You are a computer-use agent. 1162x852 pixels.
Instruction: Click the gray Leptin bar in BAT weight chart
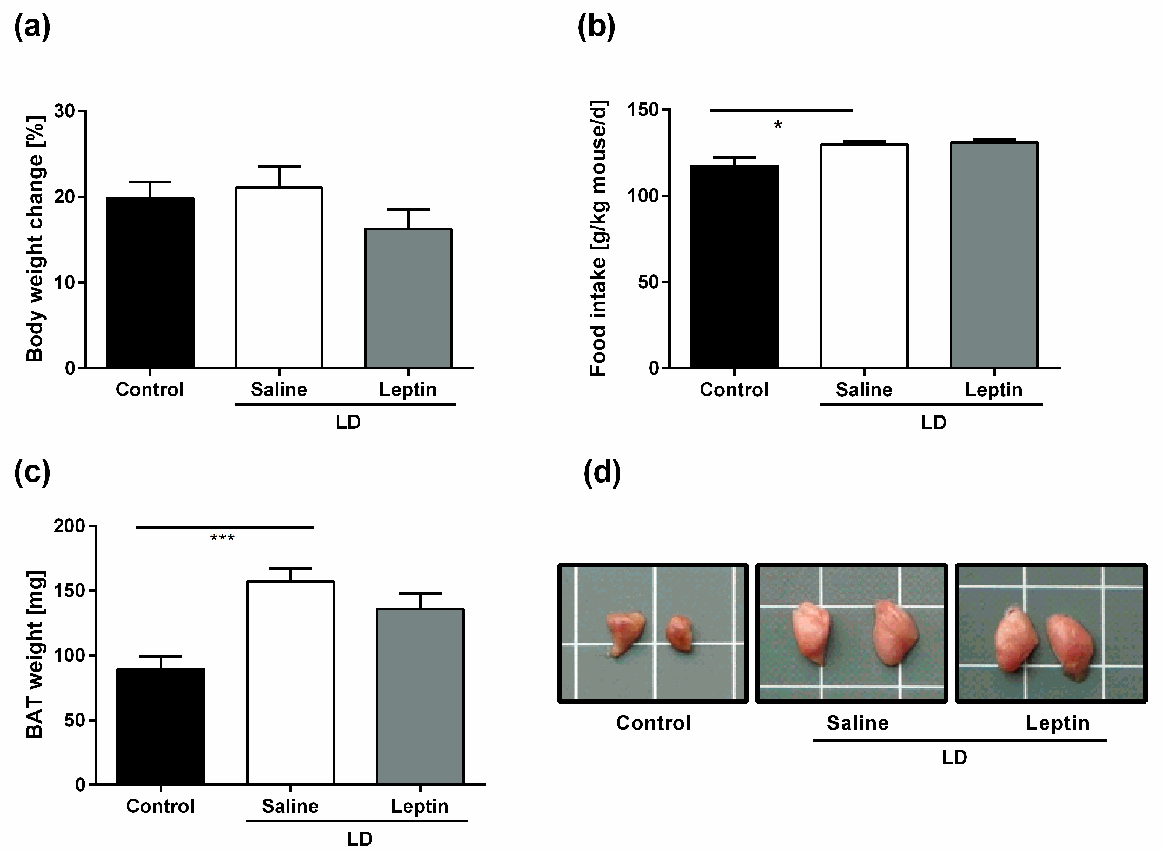420,696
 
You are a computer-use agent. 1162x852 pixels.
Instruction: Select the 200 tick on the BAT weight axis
70,526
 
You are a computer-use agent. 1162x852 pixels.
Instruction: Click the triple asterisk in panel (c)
222,538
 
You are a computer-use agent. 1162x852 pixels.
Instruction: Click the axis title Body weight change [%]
35,239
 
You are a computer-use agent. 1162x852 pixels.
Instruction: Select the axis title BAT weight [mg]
35,655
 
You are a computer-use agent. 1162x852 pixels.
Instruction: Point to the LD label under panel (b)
934,423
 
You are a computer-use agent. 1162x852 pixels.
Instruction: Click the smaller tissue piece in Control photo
680,633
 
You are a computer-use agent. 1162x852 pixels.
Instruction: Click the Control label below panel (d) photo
653,723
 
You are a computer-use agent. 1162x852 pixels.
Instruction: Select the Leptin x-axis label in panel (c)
419,806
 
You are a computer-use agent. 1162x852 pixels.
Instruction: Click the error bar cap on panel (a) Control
150,182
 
